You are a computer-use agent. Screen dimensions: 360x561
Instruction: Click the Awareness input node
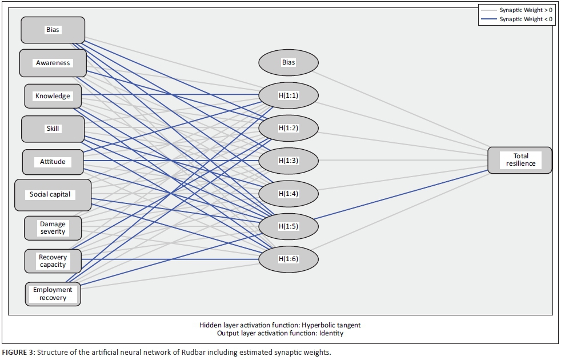pos(53,63)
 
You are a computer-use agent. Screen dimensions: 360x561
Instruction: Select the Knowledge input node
pos(53,96)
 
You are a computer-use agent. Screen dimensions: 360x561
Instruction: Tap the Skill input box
pos(53,129)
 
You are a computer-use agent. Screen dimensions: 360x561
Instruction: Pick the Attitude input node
pos(53,162)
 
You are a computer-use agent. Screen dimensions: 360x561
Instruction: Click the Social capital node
pos(53,194)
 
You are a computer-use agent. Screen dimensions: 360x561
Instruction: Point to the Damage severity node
pos(53,227)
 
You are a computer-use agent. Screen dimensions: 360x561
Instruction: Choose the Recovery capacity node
pos(53,261)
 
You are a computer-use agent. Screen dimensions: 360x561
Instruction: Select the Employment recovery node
pos(53,294)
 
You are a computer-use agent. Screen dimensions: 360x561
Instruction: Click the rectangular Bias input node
pos(53,30)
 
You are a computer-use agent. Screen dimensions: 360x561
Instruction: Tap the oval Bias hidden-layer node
pos(288,62)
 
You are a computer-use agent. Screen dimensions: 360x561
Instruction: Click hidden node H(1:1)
pos(288,95)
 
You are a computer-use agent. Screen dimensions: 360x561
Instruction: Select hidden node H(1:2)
pos(288,127)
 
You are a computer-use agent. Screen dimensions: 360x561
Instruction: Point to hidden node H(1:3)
pos(288,161)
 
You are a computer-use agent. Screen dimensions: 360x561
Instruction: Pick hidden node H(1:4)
pos(288,193)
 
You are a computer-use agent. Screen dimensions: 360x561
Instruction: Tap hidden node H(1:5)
pos(288,226)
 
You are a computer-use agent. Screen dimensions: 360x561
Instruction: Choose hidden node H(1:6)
pos(288,259)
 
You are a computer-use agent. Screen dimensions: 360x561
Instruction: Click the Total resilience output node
pos(520,160)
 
